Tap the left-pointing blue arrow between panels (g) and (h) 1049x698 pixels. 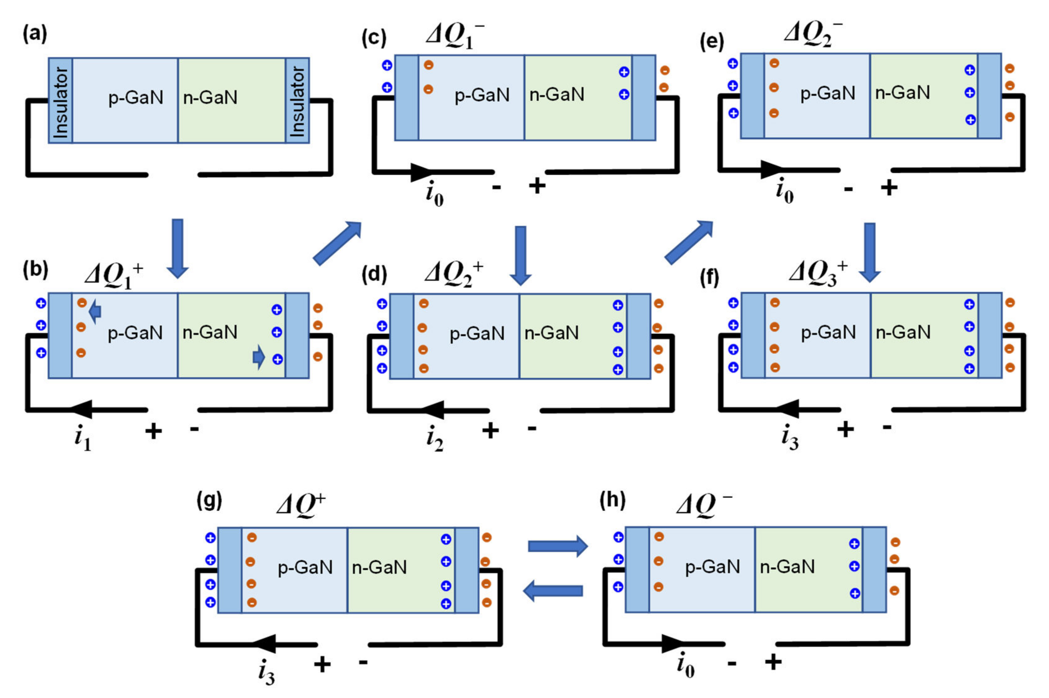pos(553,591)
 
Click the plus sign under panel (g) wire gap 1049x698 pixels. pos(322,665)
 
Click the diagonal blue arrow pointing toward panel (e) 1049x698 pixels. pos(689,242)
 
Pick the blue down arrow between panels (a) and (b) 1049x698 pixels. pos(178,248)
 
